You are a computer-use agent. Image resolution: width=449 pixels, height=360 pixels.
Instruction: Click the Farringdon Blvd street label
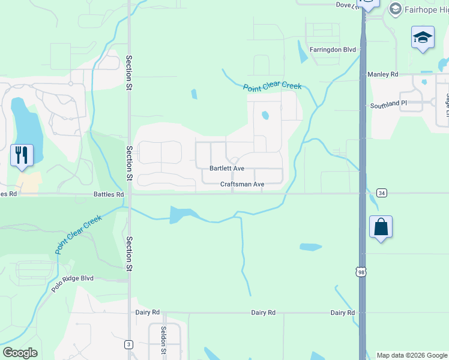click(x=333, y=50)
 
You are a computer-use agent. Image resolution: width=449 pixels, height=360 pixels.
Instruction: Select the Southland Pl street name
click(x=388, y=104)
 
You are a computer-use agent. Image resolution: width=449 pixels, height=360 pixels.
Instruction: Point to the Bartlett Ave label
click(x=226, y=169)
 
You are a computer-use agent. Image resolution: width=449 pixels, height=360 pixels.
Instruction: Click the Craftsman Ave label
click(x=242, y=185)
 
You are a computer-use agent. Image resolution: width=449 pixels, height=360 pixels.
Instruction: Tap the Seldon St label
click(x=163, y=340)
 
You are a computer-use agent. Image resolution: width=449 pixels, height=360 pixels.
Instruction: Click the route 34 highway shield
click(x=382, y=193)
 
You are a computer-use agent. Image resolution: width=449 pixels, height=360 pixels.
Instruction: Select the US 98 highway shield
click(x=361, y=272)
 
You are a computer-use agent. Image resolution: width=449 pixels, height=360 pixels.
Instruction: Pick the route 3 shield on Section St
click(x=128, y=344)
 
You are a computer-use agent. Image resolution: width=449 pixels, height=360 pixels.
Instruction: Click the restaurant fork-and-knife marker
click(x=22, y=155)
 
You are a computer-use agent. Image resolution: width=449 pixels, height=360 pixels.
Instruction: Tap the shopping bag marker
click(x=381, y=227)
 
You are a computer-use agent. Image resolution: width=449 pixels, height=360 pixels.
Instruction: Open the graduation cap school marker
click(x=423, y=38)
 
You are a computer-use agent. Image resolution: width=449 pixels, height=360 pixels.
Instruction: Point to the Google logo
click(x=20, y=353)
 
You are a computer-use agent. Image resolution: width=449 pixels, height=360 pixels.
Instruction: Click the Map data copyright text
click(x=412, y=355)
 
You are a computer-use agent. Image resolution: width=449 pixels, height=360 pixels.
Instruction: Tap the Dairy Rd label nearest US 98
click(x=342, y=313)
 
